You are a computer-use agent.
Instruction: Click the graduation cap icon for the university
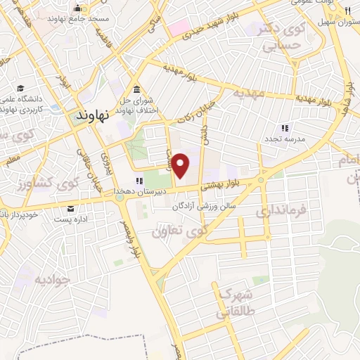pyautogui.click(x=21, y=89)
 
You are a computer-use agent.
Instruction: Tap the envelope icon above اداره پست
pyautogui.click(x=70, y=208)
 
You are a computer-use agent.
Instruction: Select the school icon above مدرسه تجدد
pyautogui.click(x=285, y=128)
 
